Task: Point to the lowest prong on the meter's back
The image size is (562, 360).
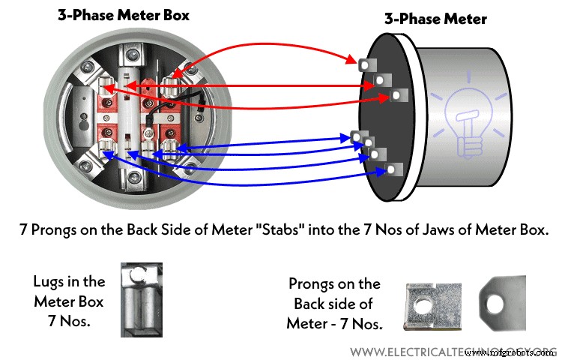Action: (x=389, y=170)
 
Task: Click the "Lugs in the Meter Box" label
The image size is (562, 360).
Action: (x=70, y=298)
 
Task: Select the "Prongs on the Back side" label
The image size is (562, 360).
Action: (x=334, y=304)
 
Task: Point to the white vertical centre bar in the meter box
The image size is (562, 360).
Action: (x=132, y=112)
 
